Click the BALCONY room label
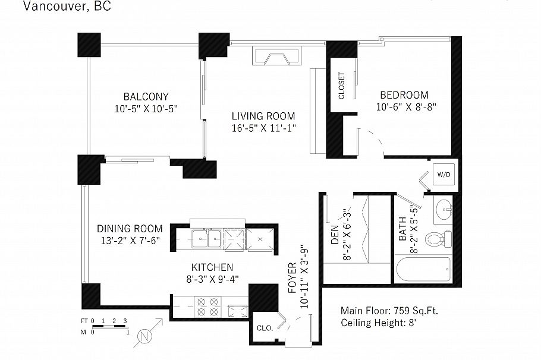coord(146,96)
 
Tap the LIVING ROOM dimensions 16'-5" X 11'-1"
coord(264,128)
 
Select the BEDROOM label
coord(404,95)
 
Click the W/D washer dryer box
coord(444,175)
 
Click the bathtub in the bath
coord(423,269)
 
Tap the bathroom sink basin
coord(444,209)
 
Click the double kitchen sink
coord(206,239)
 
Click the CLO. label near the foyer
coord(265,328)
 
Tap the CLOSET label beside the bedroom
coord(342,86)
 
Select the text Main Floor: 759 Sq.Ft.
coord(389,311)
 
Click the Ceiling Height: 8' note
coord(379,323)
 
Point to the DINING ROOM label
coord(130,229)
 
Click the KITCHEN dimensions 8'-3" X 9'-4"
coord(213,279)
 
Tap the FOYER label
coord(292,278)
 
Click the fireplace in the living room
coord(276,56)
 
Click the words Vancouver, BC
coord(67,6)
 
